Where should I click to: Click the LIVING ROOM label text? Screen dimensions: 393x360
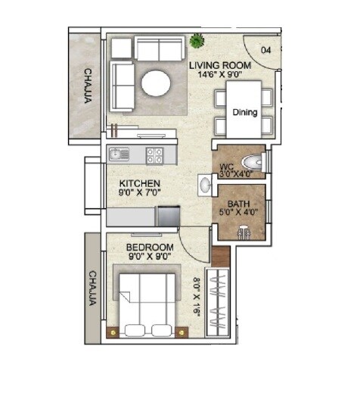(220, 65)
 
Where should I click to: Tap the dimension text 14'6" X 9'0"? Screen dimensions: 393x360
(220, 75)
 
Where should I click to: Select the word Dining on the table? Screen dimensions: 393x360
(244, 112)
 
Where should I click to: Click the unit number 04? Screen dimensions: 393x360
(265, 50)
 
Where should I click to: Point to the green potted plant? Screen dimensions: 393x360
(198, 40)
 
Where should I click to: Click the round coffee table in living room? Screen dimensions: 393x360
(157, 83)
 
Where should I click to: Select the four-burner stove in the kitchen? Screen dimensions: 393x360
(156, 154)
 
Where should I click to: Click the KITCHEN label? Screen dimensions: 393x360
(138, 183)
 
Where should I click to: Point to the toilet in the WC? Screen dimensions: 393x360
(253, 161)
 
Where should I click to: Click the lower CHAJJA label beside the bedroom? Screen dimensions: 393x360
(92, 288)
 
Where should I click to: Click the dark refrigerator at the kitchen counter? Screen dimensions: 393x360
(167, 217)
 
